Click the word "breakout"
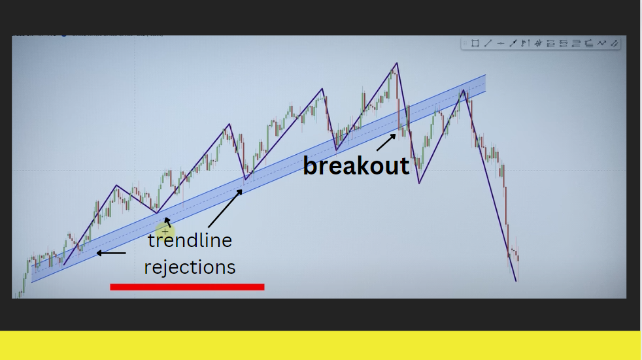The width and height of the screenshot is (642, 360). (356, 166)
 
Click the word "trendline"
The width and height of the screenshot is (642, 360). (190, 240)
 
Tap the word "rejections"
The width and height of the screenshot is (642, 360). (190, 267)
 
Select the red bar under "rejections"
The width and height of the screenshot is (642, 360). (187, 287)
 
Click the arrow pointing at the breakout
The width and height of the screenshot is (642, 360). (386, 142)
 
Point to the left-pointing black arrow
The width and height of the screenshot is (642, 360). (111, 254)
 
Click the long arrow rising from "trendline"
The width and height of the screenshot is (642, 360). (225, 208)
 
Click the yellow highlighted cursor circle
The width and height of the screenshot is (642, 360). (165, 232)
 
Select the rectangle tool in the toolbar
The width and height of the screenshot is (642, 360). (475, 43)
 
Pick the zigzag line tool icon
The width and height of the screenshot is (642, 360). (601, 43)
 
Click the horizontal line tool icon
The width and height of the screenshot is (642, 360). (500, 43)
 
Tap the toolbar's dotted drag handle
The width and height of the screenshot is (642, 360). (465, 43)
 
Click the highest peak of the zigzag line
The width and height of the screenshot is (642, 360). (396, 63)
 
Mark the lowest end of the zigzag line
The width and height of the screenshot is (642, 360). (516, 281)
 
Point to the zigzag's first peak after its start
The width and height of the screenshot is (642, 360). (116, 186)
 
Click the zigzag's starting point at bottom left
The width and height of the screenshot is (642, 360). (64, 265)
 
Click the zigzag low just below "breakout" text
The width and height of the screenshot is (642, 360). (419, 183)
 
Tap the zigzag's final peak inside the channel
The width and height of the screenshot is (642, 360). (463, 90)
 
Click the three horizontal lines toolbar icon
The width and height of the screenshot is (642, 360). (576, 43)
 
